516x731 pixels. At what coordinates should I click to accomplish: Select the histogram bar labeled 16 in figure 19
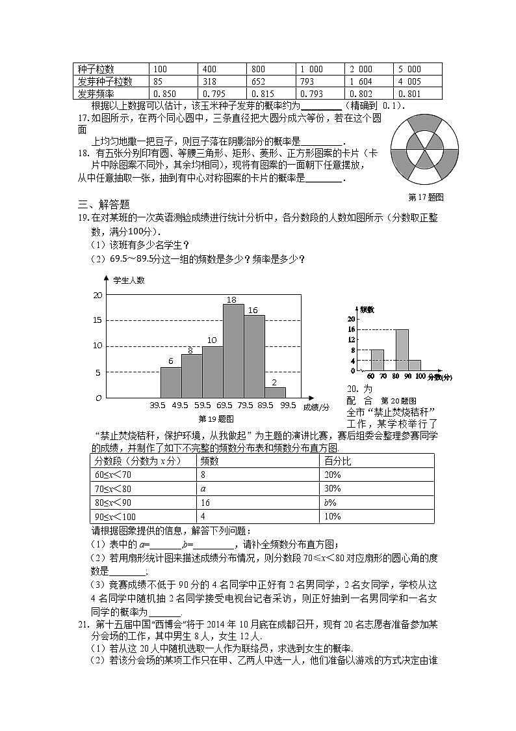coord(255,355)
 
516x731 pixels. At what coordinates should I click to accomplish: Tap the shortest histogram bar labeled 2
coord(275,392)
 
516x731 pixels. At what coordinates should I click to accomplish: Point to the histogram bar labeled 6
coord(170,382)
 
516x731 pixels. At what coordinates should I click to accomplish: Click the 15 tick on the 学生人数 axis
coord(97,320)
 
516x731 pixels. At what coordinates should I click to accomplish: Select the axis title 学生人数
coord(129,281)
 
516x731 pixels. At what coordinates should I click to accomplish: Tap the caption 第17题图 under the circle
coord(425,197)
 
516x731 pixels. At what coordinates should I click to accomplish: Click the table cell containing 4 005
coord(409,81)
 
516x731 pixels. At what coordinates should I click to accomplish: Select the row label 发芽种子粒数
coord(105,81)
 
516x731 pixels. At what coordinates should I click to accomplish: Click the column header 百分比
coord(338,460)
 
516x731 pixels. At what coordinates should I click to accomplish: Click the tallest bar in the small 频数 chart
coord(402,350)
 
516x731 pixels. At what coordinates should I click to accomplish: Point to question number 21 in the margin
coord(82,625)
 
